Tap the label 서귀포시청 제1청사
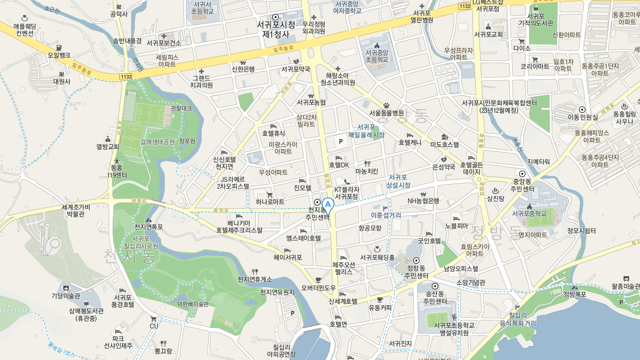[x=276, y=29]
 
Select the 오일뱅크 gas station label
[x=59, y=55]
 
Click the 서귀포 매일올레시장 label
[x=367, y=131]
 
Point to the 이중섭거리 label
[x=386, y=215]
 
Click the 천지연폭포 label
[x=149, y=227]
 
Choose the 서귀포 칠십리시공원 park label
[x=141, y=242]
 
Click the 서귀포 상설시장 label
[x=399, y=181]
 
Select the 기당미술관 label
[x=65, y=296]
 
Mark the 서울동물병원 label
[x=386, y=113]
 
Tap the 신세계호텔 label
[x=343, y=302]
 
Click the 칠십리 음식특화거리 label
[x=517, y=319]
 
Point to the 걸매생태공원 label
[x=158, y=142]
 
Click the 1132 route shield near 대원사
[x=126, y=77]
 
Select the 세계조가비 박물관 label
[x=75, y=211]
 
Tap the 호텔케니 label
[x=410, y=143]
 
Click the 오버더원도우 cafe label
[x=318, y=288]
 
